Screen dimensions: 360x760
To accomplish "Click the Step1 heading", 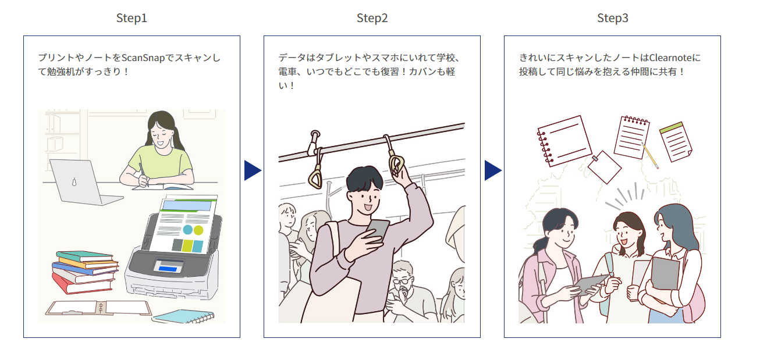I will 132,18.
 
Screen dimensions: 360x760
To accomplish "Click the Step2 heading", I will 372,18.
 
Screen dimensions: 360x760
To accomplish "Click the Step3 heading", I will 612,18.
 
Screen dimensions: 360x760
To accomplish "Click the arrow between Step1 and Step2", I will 252,170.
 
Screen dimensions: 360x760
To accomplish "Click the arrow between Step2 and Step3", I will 492,170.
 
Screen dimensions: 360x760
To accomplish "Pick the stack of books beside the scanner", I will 84,271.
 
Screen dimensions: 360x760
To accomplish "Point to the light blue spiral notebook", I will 183,316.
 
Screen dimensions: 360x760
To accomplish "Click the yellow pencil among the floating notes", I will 650,154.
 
